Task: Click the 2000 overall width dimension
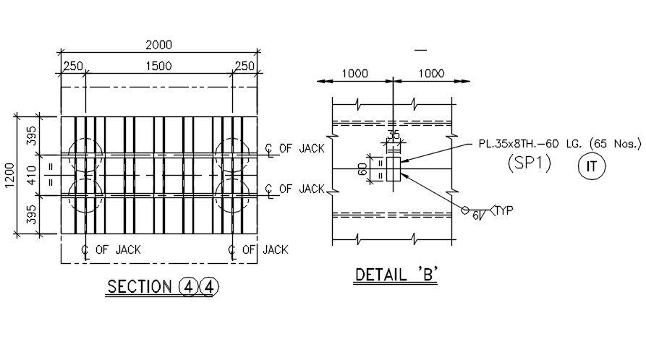158,45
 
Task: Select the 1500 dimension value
158,67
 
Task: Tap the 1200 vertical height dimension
9,174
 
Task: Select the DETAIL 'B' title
396,275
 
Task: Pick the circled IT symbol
592,167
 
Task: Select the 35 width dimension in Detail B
394,135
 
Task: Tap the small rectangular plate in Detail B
394,168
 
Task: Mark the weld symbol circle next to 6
465,210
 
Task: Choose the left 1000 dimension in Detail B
354,73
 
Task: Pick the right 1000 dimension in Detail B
431,73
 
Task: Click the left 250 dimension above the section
73,67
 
